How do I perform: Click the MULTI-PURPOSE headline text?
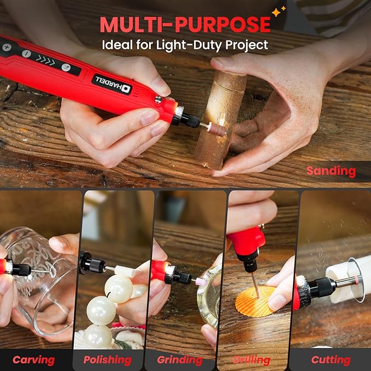(x=184, y=25)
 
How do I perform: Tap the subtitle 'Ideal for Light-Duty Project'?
(x=185, y=45)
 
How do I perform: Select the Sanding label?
(x=331, y=170)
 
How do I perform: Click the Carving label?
(x=33, y=360)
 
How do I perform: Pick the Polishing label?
(x=107, y=360)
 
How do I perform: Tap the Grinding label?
(x=180, y=360)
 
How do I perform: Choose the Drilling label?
(x=252, y=360)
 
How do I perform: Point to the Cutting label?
(x=331, y=360)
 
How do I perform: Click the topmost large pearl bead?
(x=119, y=288)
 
